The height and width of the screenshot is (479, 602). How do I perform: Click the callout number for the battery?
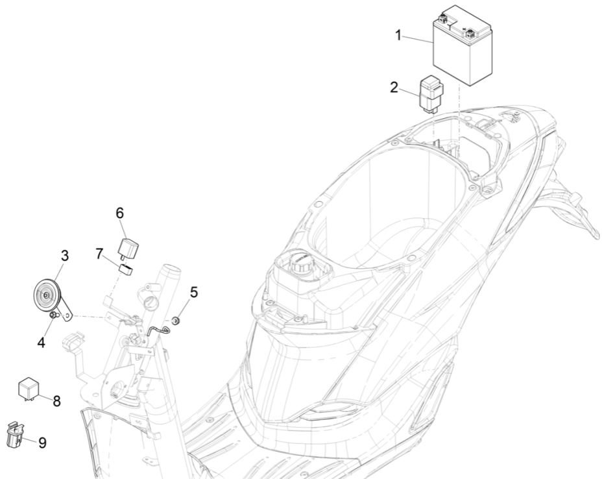(x=398, y=36)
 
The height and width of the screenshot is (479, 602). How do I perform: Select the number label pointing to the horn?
(x=65, y=256)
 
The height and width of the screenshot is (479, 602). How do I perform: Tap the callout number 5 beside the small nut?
(x=194, y=292)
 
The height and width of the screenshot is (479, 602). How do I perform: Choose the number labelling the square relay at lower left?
(x=57, y=401)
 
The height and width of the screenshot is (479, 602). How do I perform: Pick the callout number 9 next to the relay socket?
(x=42, y=443)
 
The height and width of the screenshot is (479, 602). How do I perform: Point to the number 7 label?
(x=100, y=254)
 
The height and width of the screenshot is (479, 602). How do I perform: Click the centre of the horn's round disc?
(x=46, y=295)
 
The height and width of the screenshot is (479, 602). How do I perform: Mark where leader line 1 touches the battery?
(x=434, y=42)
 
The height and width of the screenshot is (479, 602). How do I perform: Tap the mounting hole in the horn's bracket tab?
(x=68, y=315)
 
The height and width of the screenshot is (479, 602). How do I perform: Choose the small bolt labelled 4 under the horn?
(x=54, y=315)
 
